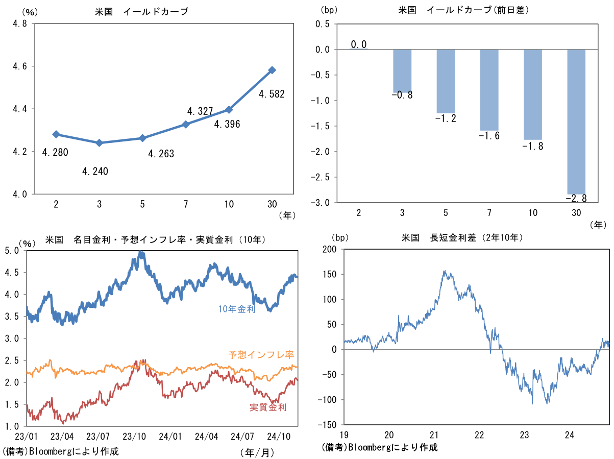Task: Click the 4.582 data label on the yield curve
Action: [x=271, y=94]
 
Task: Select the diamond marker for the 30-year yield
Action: [x=272, y=70]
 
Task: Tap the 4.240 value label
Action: [x=95, y=171]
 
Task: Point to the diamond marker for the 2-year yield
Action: [x=56, y=134]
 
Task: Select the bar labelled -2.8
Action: [x=576, y=122]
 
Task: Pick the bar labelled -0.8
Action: [x=402, y=70]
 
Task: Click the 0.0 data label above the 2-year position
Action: [x=359, y=44]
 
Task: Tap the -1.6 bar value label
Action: [x=489, y=135]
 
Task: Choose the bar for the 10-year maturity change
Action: [x=533, y=94]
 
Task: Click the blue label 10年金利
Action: [x=236, y=308]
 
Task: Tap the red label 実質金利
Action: [x=267, y=407]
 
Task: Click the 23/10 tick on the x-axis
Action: [x=134, y=437]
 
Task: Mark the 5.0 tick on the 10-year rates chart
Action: [x=12, y=251]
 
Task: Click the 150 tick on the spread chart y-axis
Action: [x=330, y=274]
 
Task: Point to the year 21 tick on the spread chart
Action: [x=434, y=435]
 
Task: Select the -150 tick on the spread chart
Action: [x=328, y=425]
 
